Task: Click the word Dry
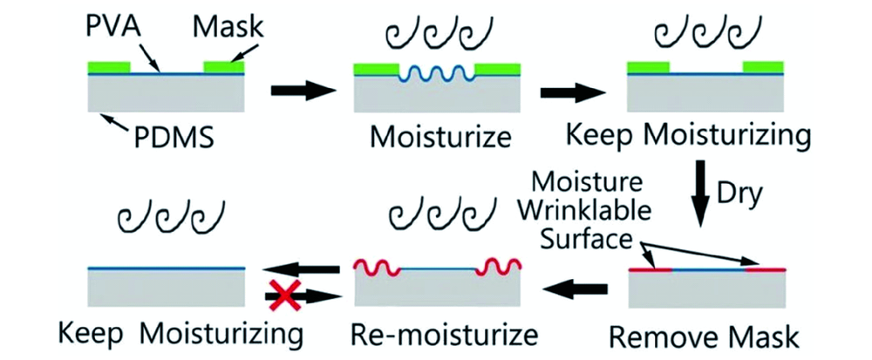(x=752, y=198)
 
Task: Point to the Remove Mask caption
(x=708, y=336)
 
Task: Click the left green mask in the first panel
(x=109, y=66)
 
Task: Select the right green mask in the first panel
(x=223, y=66)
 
